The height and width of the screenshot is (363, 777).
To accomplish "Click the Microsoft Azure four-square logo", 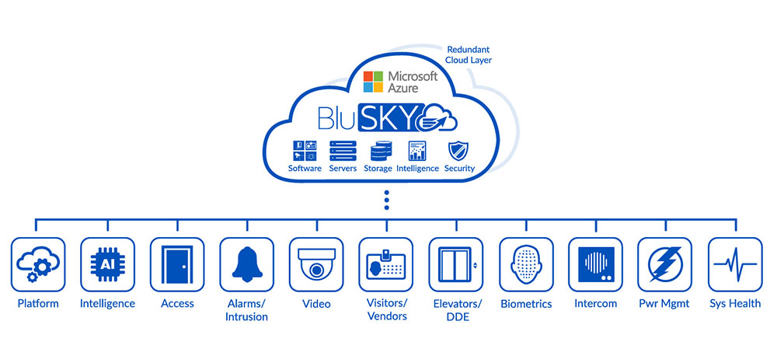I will [x=374, y=82].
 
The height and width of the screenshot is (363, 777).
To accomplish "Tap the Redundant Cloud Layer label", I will [x=468, y=54].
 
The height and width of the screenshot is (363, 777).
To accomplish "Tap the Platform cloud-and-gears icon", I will [x=37, y=264].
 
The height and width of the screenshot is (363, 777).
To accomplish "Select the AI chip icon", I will [x=107, y=264].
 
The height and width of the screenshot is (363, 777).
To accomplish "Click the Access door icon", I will [x=177, y=264].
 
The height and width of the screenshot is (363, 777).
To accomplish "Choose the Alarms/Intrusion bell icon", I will [x=246, y=264].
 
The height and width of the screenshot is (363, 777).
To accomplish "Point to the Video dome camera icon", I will [x=316, y=264].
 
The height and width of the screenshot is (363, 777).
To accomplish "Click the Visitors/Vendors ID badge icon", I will [x=385, y=264].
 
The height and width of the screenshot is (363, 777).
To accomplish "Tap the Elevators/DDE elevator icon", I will [x=455, y=264].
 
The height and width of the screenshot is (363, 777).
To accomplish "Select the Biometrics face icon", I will [x=525, y=264].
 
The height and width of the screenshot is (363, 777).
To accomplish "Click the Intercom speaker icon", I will [x=595, y=264].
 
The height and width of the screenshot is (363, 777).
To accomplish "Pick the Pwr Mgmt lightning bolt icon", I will [x=664, y=264].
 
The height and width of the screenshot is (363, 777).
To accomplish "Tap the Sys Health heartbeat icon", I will [x=734, y=264].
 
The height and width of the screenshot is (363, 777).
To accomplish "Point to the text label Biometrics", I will [x=525, y=303].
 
